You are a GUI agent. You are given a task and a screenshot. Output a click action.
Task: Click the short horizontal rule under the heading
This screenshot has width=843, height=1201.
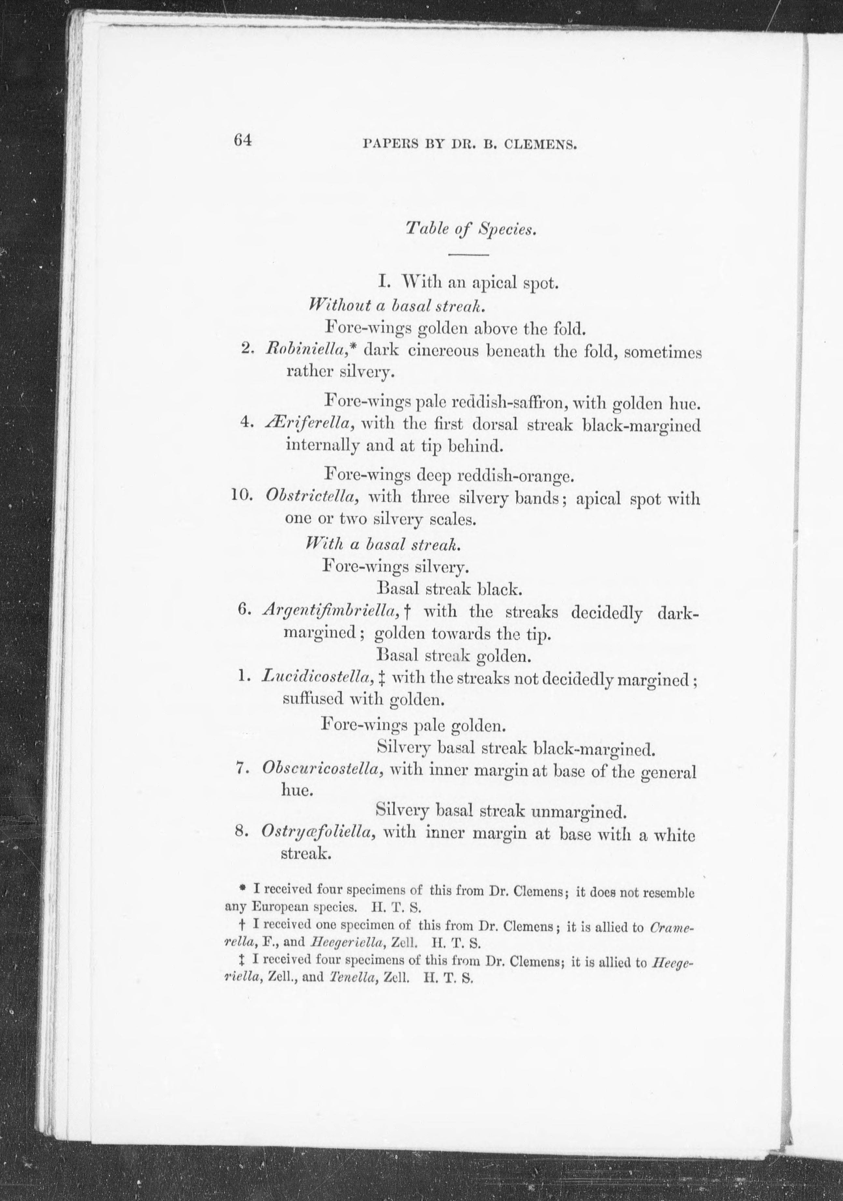point(468,255)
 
